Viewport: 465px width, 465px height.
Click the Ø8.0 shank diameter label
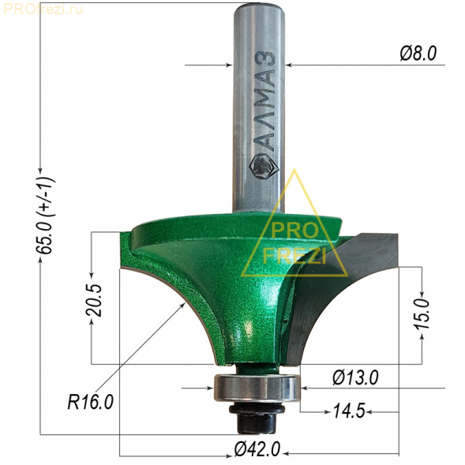tap(418, 54)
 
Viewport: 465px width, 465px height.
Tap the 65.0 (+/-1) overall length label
tap(45, 216)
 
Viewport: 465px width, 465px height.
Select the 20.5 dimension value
tap(94, 301)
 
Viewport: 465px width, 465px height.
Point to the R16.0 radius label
tap(91, 403)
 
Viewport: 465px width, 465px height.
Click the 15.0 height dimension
tap(422, 314)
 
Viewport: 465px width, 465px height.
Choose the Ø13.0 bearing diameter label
tap(355, 378)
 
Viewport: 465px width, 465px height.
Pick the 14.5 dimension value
tap(349, 411)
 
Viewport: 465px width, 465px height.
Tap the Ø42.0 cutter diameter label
tap(257, 449)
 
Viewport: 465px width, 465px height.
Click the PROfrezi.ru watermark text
tap(43, 9)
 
